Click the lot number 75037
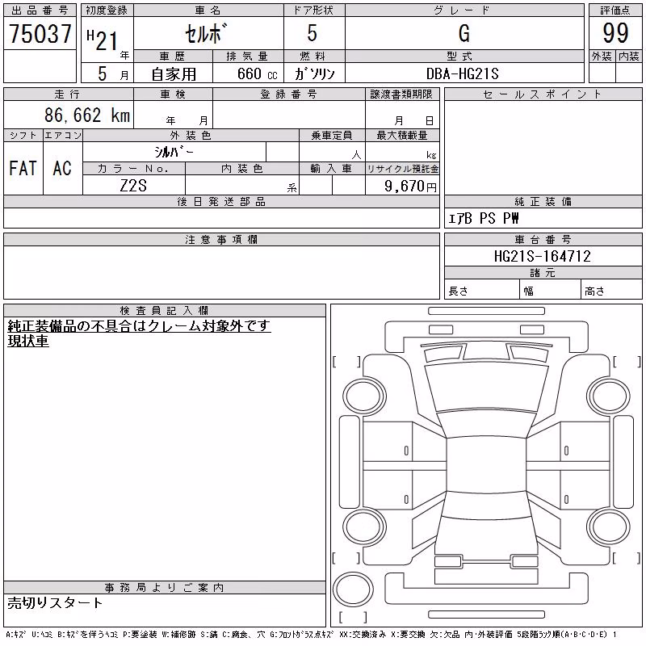click(40, 33)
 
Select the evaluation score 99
click(615, 33)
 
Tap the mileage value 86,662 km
click(87, 115)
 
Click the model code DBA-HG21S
click(462, 73)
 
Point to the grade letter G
click(464, 33)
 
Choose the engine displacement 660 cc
click(257, 73)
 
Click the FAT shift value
click(23, 168)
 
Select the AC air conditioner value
click(62, 168)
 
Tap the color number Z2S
click(133, 186)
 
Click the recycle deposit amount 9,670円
click(410, 187)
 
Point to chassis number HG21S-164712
click(542, 256)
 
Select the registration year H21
click(103, 40)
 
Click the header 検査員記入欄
click(164, 310)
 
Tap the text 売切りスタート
click(55, 602)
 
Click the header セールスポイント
click(542, 94)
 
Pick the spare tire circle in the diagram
click(353, 589)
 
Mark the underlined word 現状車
click(28, 341)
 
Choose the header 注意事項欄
click(221, 239)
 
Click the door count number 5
click(313, 33)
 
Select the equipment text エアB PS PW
click(483, 218)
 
